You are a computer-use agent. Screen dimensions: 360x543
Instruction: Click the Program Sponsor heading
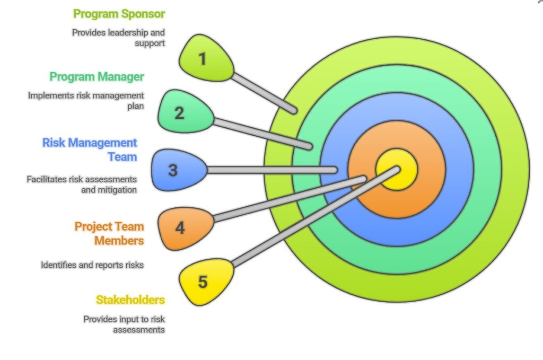[119, 14]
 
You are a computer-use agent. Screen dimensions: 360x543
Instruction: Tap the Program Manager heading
[97, 76]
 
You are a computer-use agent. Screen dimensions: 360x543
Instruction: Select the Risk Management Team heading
[90, 150]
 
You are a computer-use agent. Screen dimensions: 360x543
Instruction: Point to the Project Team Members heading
[109, 233]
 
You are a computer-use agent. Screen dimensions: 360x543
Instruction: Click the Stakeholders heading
[130, 300]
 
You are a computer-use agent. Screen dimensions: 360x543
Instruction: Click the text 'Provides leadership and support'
[118, 37]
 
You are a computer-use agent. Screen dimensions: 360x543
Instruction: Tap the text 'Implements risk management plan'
[86, 101]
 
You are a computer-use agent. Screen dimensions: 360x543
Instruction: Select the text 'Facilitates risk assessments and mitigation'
[82, 185]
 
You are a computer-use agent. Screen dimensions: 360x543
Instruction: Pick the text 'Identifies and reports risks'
[92, 264]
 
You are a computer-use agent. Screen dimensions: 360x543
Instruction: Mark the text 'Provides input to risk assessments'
[124, 324]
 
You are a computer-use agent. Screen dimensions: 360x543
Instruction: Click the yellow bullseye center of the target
[397, 170]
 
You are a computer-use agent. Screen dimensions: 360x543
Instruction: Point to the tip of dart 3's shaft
[335, 170]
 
